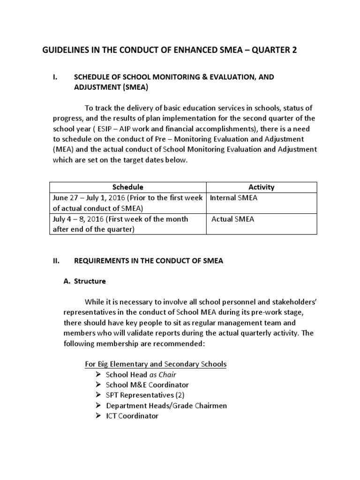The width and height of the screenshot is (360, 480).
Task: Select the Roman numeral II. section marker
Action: [x=57, y=261]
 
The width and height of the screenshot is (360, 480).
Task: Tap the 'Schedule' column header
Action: [x=128, y=187]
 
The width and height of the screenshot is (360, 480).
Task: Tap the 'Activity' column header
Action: [x=262, y=187]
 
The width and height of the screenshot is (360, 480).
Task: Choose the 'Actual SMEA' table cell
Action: [x=233, y=219]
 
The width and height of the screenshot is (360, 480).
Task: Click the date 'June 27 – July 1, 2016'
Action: [x=89, y=198]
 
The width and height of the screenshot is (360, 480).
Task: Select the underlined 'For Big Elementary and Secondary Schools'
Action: [x=155, y=364]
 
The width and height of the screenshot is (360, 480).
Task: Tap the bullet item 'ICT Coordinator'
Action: [x=132, y=416]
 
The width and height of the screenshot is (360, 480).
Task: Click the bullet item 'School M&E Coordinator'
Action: [x=147, y=385]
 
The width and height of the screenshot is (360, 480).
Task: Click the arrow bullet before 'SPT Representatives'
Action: [x=97, y=395]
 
